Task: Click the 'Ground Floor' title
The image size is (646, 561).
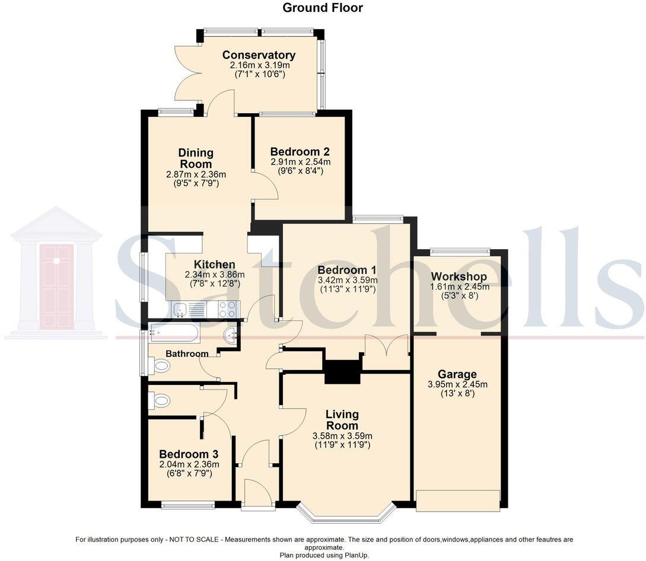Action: (323, 8)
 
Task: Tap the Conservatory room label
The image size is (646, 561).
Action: (259, 55)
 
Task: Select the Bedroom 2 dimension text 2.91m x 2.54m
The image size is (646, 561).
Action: (300, 162)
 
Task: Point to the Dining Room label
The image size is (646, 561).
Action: (196, 158)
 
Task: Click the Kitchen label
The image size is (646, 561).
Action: (214, 264)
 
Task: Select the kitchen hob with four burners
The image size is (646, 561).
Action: (227, 309)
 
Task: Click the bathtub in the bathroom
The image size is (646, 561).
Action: (174, 333)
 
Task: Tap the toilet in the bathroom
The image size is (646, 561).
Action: (159, 366)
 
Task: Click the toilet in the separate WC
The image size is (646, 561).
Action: (159, 402)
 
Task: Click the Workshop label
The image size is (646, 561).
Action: (459, 276)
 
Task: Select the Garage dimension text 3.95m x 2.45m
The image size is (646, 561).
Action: (457, 384)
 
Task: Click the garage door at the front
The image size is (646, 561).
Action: (457, 501)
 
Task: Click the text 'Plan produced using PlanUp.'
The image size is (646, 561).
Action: (324, 555)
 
